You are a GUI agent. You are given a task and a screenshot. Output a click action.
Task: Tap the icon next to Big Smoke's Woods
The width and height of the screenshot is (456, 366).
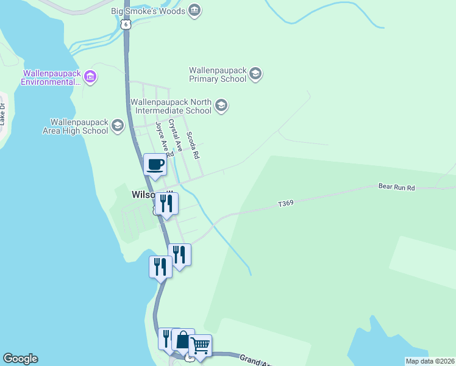coord(194,10)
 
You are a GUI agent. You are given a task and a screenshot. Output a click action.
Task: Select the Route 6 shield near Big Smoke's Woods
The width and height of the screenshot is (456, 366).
coord(126,23)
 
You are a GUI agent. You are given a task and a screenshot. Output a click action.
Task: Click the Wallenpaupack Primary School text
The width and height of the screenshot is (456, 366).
coord(218,74)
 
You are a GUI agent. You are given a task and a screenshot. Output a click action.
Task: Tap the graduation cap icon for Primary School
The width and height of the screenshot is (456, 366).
coord(255,74)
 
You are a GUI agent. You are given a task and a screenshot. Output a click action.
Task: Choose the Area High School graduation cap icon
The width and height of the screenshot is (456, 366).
coord(117,126)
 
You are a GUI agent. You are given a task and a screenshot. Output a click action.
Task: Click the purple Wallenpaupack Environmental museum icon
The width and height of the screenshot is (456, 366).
coord(91,77)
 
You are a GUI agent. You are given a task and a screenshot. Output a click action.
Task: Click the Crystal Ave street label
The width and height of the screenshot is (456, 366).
coord(176,135)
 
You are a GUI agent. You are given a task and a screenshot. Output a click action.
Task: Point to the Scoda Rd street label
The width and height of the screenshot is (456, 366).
coord(193,146)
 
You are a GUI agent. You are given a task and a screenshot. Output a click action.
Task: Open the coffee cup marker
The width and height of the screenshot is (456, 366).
coord(155,165)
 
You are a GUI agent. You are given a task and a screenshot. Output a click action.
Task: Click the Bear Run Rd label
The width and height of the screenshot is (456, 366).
coord(396,187)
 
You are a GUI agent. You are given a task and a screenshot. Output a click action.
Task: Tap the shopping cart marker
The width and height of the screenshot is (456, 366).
coord(200,346)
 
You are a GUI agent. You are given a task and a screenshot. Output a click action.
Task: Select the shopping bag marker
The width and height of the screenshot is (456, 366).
coord(183,340)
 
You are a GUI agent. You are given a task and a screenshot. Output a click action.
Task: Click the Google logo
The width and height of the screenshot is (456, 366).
coord(20,359)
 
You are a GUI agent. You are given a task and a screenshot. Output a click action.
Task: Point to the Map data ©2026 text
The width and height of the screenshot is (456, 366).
coord(430,361)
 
